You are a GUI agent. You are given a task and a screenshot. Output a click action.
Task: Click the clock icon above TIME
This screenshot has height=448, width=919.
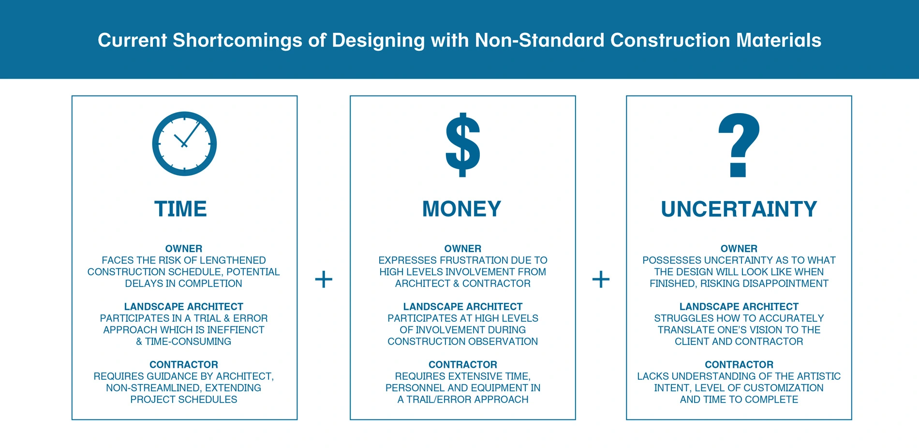point(184,144)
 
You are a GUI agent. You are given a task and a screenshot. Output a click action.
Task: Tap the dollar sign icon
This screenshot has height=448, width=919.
point(463,145)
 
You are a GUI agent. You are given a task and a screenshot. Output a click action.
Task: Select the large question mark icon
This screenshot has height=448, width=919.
point(739,145)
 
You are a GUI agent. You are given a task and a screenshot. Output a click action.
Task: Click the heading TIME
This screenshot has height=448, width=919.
point(180,209)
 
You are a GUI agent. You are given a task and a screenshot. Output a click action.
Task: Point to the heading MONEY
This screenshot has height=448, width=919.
point(462,209)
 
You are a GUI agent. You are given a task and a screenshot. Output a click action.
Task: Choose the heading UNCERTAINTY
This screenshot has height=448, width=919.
point(739,209)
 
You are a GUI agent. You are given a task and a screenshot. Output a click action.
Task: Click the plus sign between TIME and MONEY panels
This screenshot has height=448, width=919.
point(324,279)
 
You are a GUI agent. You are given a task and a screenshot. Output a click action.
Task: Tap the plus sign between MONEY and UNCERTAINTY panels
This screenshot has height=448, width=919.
point(601,279)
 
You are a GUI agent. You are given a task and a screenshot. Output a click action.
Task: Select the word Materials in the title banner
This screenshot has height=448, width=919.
point(779,40)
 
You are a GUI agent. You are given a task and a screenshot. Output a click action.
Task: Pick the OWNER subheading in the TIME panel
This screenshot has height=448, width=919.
point(184,249)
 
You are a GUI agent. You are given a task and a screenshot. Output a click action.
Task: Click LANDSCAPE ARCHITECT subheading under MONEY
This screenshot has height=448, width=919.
point(463,307)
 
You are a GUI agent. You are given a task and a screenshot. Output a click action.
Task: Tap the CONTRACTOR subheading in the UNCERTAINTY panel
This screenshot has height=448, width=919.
point(739,365)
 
